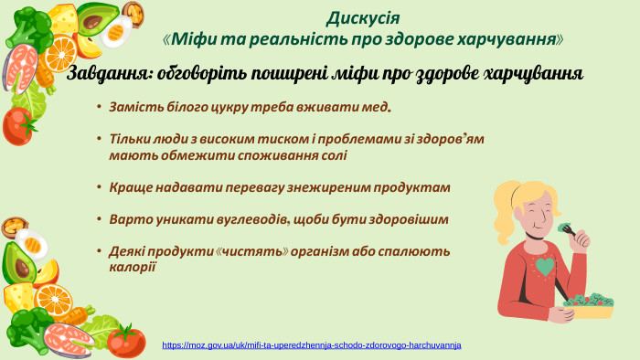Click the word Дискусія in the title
[x=363, y=17]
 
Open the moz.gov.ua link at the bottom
[x=312, y=345]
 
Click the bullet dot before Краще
[x=99, y=187]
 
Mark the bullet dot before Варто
[x=99, y=220]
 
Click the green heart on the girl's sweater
[x=546, y=267]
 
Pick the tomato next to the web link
[x=126, y=340]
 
